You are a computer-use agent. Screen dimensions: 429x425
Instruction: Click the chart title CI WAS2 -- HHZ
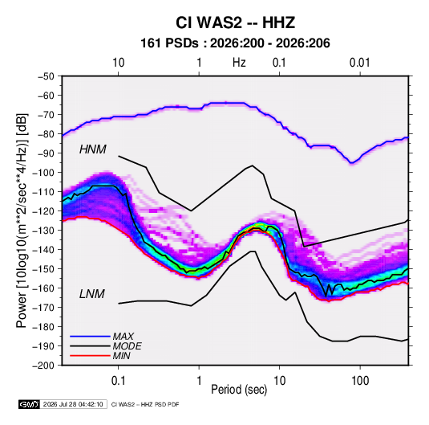[235, 22]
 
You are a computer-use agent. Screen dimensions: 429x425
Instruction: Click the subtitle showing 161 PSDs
[235, 43]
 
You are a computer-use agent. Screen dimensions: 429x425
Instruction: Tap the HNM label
[93, 149]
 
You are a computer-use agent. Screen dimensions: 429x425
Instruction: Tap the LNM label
[92, 294]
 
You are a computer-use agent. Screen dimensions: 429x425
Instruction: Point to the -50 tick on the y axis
[46, 76]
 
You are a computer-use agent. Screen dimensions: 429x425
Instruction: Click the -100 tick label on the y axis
[43, 173]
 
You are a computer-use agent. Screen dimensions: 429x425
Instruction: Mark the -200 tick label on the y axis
[43, 366]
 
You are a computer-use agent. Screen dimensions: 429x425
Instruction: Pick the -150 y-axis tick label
[43, 268]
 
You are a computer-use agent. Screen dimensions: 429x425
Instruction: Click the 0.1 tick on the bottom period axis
[118, 381]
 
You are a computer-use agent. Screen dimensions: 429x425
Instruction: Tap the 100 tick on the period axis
[360, 381]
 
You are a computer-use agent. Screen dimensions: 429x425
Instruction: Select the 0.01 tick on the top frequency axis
[360, 63]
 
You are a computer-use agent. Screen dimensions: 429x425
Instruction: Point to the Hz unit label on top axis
[239, 63]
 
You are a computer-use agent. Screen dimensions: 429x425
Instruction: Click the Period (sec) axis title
[239, 390]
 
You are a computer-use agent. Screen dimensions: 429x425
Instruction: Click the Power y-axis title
[22, 220]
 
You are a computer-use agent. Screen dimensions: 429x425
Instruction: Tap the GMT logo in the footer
[29, 404]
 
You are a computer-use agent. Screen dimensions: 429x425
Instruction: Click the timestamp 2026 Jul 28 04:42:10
[73, 404]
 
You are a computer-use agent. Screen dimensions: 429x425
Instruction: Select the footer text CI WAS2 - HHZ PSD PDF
[145, 404]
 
